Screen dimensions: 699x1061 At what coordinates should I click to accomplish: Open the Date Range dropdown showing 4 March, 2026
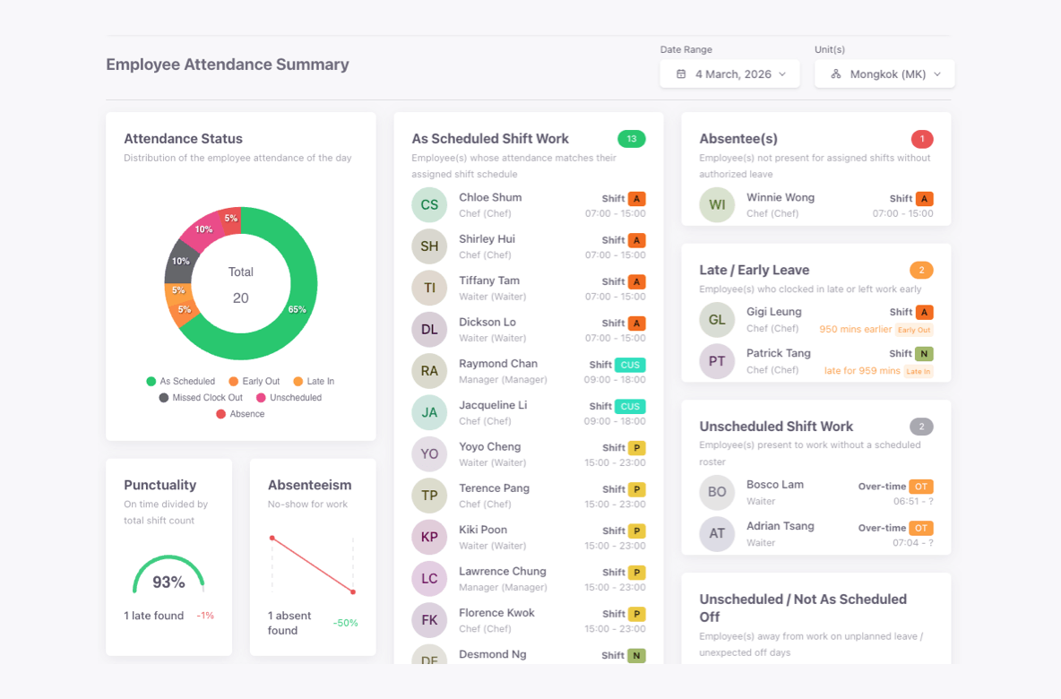click(x=731, y=74)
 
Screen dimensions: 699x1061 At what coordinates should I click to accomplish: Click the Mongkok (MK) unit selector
click(x=884, y=74)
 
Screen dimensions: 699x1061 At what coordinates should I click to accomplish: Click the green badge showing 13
click(x=631, y=139)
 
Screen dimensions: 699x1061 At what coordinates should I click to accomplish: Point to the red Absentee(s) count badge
click(x=921, y=139)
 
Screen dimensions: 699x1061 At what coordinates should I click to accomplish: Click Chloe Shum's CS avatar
click(x=429, y=205)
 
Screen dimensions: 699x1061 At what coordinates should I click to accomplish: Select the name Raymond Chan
click(x=498, y=364)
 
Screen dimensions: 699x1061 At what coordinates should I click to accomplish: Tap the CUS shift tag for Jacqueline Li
click(x=630, y=407)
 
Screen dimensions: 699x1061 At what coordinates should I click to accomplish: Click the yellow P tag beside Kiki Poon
click(x=636, y=531)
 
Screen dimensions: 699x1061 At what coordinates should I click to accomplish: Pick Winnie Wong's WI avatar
click(x=717, y=205)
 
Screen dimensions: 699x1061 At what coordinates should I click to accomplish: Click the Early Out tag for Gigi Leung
click(x=914, y=330)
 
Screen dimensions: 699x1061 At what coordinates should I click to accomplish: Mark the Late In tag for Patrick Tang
click(x=918, y=371)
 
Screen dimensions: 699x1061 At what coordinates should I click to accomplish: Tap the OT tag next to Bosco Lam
click(x=920, y=487)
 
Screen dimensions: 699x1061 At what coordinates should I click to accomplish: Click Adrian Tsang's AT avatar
click(x=717, y=533)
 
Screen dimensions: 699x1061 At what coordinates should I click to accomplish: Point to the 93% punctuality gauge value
click(x=168, y=582)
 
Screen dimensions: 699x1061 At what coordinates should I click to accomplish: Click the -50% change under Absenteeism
click(x=345, y=623)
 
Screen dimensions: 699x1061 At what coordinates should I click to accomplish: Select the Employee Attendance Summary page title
click(x=228, y=65)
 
